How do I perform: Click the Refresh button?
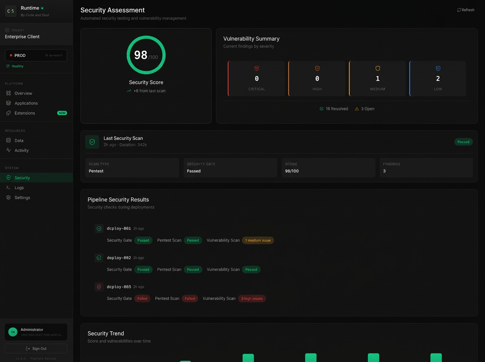point(466,10)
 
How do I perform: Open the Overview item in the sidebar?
point(23,93)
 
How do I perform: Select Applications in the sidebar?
point(26,103)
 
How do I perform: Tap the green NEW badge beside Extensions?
point(62,113)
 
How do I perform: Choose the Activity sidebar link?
point(21,150)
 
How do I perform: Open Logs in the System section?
point(19,188)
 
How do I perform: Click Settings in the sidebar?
point(22,198)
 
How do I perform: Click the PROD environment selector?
point(36,55)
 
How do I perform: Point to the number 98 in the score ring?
point(141,55)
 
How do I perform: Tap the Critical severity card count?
point(257,79)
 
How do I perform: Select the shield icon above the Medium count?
point(377,69)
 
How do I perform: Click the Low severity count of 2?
point(438,79)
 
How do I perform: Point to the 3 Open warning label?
point(365,109)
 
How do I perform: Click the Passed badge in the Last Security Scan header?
point(463,142)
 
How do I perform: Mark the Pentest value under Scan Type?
point(96,171)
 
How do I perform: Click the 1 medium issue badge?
point(258,240)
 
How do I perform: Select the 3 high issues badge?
point(252,299)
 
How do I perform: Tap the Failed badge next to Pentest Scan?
point(190,299)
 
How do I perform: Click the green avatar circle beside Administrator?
point(13,332)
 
